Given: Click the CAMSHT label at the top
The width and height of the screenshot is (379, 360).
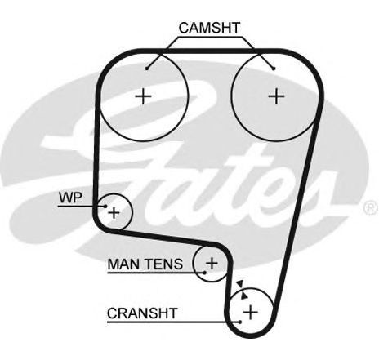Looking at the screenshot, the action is (x=209, y=28).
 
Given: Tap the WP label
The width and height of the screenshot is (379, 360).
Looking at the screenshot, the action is (x=70, y=198).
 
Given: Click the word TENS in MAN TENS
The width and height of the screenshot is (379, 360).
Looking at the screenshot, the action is (x=163, y=264).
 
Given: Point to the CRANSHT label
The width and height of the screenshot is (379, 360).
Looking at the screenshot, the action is (x=142, y=313).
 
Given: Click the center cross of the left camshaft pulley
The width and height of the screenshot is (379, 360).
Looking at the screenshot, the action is (x=143, y=96).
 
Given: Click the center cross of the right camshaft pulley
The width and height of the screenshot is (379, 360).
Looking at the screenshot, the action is (x=276, y=96).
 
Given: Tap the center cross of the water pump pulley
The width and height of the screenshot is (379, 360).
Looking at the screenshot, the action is (x=114, y=212).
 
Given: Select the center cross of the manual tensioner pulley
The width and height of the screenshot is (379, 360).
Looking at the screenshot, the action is (x=212, y=263).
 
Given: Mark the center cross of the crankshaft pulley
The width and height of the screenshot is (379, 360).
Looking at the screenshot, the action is (x=251, y=312).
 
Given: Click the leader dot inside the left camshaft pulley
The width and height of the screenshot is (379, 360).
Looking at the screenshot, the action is (x=147, y=69).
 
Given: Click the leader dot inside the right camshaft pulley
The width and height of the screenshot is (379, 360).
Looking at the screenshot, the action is (x=274, y=69).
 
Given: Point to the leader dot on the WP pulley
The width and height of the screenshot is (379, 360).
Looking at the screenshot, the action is (x=105, y=207).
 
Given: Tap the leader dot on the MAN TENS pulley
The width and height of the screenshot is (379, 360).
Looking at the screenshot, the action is (x=204, y=272).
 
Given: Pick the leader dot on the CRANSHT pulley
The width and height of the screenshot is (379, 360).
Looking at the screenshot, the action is (x=239, y=322).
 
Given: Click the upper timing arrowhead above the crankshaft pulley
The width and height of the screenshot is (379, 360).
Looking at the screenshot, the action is (x=239, y=284).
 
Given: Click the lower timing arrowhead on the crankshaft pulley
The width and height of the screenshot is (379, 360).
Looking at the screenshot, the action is (x=245, y=296).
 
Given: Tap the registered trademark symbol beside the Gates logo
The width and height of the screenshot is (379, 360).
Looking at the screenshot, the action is (x=370, y=208).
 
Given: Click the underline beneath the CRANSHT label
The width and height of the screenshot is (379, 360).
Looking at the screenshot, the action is (x=173, y=322).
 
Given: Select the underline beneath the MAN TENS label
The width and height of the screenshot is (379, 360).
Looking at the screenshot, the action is (x=156, y=272).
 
